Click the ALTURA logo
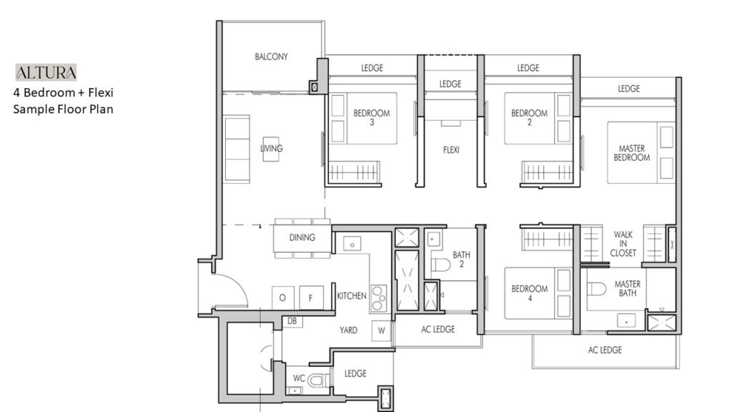coord(46,72)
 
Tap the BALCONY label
coord(271,57)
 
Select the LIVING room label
coord(271,148)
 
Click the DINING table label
coord(302,237)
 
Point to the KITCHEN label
coord(352,295)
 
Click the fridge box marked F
coord(311,298)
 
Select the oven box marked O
coord(283,298)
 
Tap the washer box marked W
coord(382,330)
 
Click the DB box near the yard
coord(292,321)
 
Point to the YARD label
coord(348,330)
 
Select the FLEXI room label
coord(451,150)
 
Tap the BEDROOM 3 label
coord(372,117)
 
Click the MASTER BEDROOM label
coord(632,153)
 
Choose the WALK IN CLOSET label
coord(623,243)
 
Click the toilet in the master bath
coord(596,289)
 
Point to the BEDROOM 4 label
coord(530,293)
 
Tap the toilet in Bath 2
coord(440,265)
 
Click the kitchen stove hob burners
coord(379,298)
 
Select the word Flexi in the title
coord(101,92)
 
